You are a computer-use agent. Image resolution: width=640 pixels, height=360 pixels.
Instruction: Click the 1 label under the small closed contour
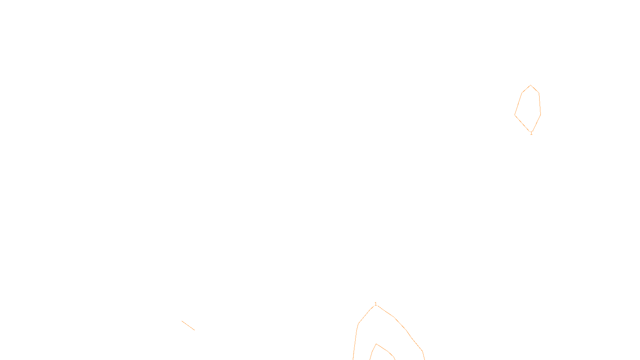pos(531,133)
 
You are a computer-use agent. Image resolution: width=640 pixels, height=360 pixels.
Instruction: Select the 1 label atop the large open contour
pos(376,304)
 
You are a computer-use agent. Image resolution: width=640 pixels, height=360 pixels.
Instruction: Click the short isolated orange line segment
pos(188,325)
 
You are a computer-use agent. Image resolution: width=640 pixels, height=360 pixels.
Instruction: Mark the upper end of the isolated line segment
pos(182,321)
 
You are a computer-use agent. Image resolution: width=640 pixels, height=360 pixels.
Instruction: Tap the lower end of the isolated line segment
pos(194,330)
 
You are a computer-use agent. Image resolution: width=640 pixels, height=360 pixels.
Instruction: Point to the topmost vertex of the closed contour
pos(531,85)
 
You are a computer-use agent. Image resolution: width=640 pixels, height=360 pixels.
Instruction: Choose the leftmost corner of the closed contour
pos(514,115)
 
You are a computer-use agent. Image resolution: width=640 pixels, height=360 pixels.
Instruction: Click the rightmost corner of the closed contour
pos(541,114)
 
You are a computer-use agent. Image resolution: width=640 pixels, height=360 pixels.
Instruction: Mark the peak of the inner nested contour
pos(376,344)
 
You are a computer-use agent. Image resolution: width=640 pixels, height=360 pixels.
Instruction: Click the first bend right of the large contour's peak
pos(394,317)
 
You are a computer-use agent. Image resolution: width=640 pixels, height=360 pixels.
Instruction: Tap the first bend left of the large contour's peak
pos(358,324)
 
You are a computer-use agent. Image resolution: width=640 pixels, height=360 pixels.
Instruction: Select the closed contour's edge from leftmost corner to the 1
pos(522,123)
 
